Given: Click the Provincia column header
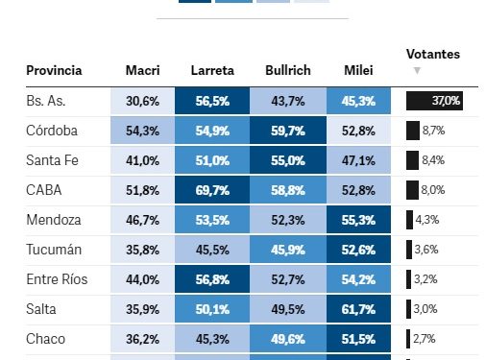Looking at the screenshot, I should click(x=54, y=71).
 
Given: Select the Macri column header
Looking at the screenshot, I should click(x=142, y=71).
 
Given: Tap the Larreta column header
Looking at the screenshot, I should click(x=211, y=71).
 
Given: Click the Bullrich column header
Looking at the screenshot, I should click(x=287, y=71).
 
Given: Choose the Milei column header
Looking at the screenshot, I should click(x=359, y=71).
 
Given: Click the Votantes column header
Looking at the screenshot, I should click(x=432, y=54).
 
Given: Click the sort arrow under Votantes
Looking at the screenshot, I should click(x=416, y=71).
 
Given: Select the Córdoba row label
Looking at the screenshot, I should click(x=52, y=131).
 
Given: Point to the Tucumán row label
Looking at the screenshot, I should click(x=54, y=250).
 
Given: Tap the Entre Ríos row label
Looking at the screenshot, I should click(x=59, y=279).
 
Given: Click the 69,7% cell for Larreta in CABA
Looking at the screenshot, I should click(x=211, y=190).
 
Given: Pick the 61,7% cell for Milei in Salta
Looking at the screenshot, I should click(x=359, y=309).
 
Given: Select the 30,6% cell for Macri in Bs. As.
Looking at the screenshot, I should click(x=142, y=101).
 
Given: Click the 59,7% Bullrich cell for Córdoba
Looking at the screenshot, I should click(x=287, y=131).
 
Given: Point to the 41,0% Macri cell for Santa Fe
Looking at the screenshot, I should click(x=142, y=160).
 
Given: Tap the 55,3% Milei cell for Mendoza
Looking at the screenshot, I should click(x=359, y=220).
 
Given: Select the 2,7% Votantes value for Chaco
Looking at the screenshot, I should click(x=424, y=339).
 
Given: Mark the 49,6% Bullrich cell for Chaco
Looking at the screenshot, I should click(x=287, y=339).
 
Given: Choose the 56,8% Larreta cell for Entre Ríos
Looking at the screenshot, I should click(x=211, y=279).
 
